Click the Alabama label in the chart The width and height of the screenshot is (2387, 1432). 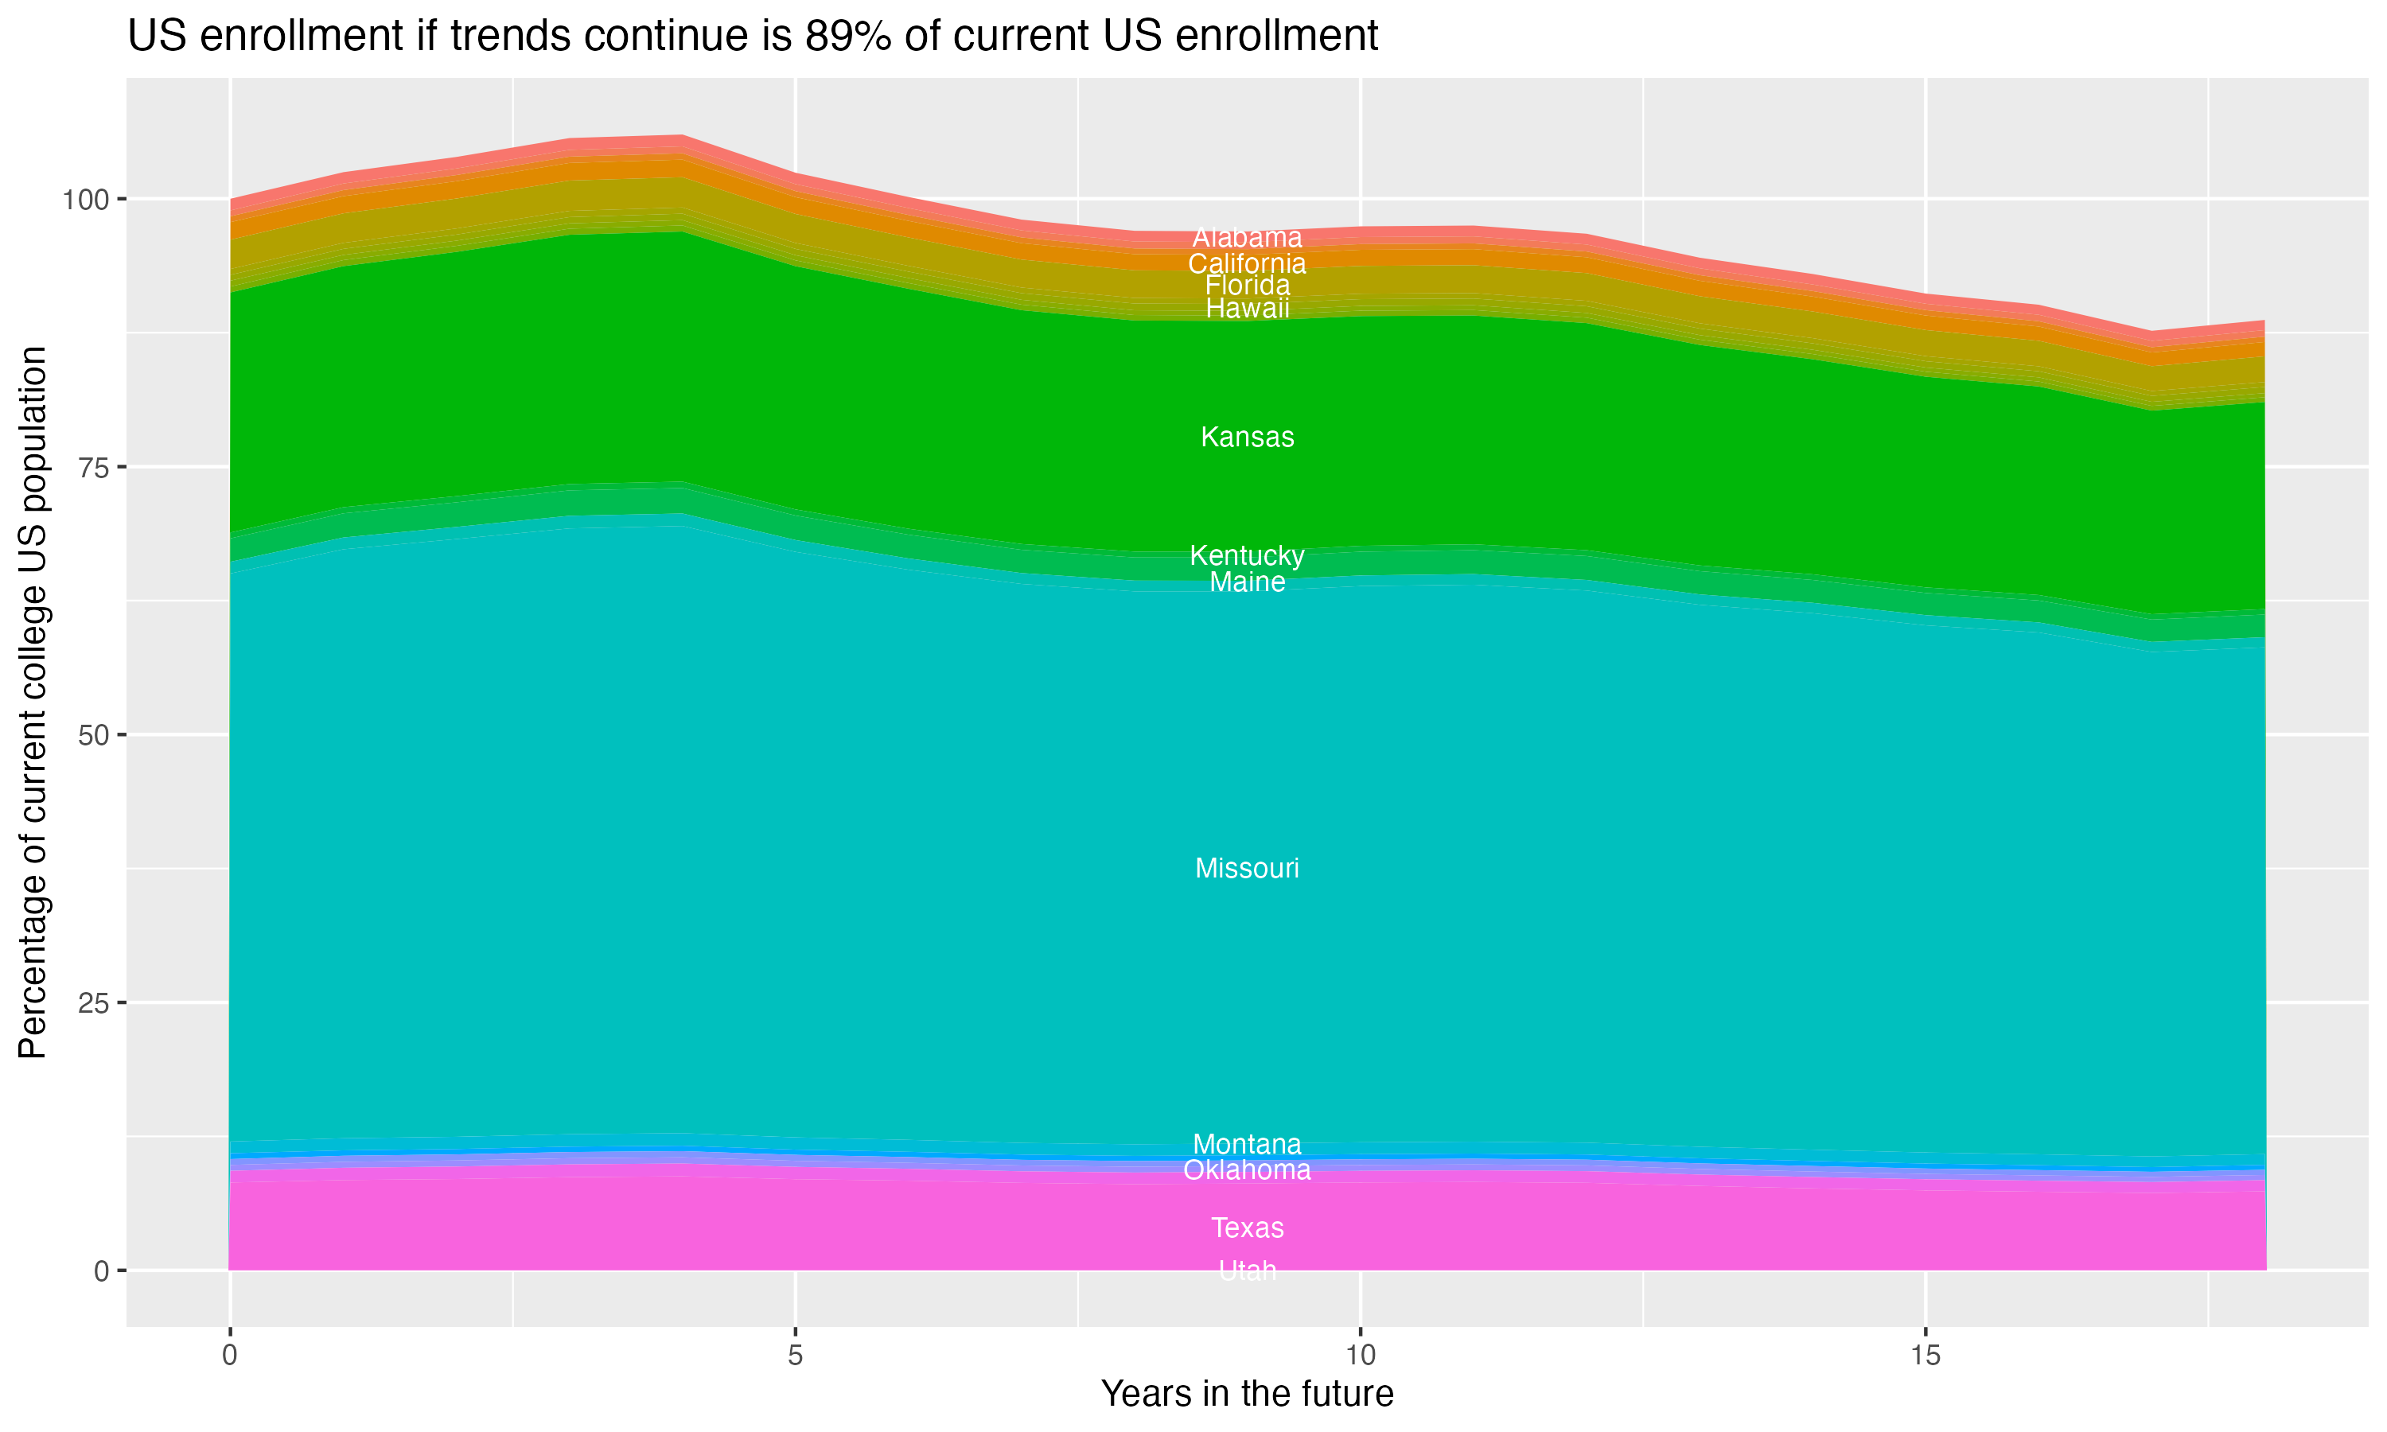[1247, 237]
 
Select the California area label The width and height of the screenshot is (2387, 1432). [1247, 263]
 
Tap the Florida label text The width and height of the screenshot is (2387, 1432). [1247, 286]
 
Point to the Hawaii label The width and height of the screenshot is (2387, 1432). [1247, 309]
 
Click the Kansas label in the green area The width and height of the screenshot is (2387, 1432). [1247, 437]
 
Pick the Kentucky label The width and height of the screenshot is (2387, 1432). [1247, 556]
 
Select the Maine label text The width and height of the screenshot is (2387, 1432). [1247, 582]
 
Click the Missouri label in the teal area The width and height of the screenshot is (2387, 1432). [1247, 869]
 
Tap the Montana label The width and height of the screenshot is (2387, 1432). [1247, 1145]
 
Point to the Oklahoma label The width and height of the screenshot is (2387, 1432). [1247, 1170]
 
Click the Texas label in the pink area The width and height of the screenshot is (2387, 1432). [1247, 1228]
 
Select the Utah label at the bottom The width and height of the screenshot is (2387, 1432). [1247, 1271]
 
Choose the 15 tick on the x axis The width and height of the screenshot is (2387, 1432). [1925, 1356]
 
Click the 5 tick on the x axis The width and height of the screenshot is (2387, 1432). [795, 1356]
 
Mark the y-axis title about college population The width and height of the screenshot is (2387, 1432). [33, 702]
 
